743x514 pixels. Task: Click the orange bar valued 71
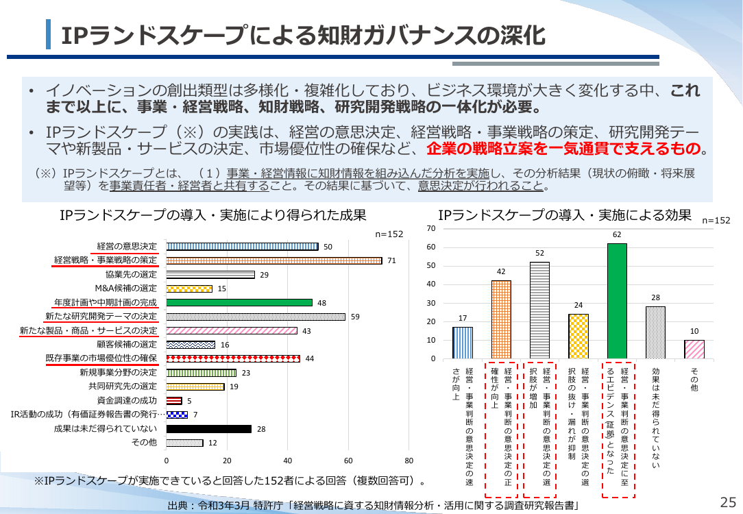coord(274,260)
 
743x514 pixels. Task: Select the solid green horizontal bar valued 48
coord(239,303)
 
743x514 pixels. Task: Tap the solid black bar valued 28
coord(209,429)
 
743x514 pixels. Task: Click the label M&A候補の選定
coord(125,288)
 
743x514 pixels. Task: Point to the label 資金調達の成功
coord(127,400)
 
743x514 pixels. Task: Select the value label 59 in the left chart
coord(355,317)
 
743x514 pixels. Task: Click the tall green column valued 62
coord(617,301)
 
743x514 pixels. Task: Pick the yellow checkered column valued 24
coord(578,336)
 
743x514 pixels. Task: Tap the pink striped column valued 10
coord(694,349)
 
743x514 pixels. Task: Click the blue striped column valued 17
coord(463,343)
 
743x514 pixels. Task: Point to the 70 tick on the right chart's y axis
coord(430,228)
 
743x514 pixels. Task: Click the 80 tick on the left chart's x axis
coord(409,461)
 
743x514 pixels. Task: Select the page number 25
coord(728,502)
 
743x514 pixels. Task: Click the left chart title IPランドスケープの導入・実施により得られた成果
coord(213,216)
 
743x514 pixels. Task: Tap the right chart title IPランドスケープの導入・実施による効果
coord(565,216)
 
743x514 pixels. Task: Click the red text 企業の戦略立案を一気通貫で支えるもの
coord(563,149)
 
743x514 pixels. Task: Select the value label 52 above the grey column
coord(539,253)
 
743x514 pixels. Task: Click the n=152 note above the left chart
coord(389,234)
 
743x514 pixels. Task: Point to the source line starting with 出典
coord(374,506)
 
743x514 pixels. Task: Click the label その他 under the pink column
coord(694,380)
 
